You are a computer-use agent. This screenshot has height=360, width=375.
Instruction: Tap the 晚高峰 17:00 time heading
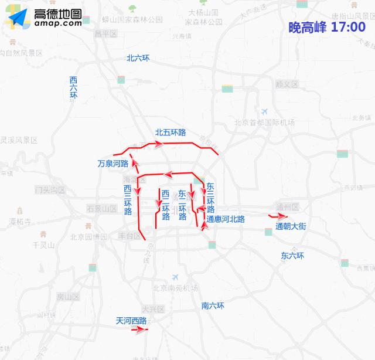[x=327, y=28]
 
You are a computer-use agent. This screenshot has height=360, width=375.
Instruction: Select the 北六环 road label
[x=138, y=58]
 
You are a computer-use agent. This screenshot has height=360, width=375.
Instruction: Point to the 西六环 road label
[x=73, y=88]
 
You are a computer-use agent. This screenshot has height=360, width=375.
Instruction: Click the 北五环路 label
[x=171, y=133]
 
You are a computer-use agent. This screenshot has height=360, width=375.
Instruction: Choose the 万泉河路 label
[x=113, y=164]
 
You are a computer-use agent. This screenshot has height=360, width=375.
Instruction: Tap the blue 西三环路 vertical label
[x=128, y=201]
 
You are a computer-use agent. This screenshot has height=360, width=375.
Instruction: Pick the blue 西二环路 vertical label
[x=166, y=205]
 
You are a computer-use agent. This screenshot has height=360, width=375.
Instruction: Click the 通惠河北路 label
[x=226, y=219]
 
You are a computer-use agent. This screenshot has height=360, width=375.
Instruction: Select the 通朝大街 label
[x=291, y=226]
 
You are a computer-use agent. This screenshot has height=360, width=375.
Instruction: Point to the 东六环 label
[x=292, y=256]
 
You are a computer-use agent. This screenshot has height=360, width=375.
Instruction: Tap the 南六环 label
[x=213, y=305]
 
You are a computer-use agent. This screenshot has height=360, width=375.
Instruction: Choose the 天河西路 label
[x=131, y=321]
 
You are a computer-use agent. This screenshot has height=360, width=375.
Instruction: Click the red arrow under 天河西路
[x=140, y=330]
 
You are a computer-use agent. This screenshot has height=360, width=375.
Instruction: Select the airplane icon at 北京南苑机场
[x=175, y=277]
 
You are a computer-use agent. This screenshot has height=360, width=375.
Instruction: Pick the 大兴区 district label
[x=153, y=309]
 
